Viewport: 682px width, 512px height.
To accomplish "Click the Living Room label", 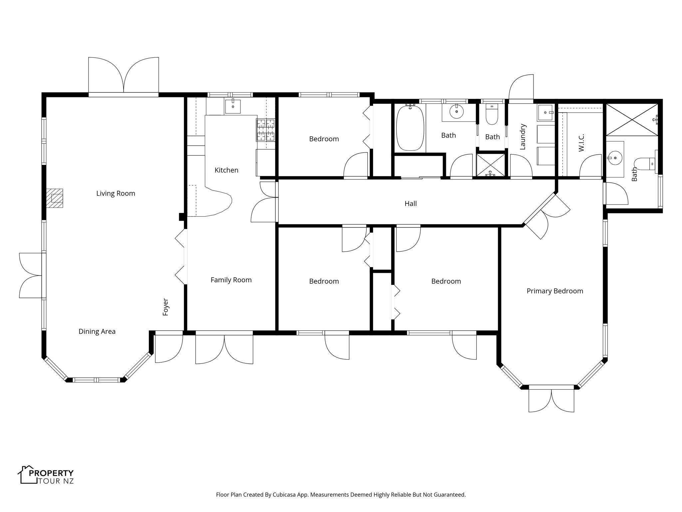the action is coord(116,193).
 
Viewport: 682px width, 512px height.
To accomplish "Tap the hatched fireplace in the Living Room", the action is coord(54,198).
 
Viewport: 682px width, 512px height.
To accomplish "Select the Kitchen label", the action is coord(226,170).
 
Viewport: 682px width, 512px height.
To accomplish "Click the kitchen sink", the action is coord(232,106).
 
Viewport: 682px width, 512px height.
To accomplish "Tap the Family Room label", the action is coord(231,280).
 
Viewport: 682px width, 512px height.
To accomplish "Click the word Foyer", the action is coord(166,307).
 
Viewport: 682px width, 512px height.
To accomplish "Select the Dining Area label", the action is coord(97,331).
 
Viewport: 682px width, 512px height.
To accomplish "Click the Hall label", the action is coord(411,203).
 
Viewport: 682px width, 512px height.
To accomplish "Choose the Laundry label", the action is coord(522,137).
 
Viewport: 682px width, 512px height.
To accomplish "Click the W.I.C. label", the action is coord(581,143).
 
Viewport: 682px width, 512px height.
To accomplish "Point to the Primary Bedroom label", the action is coord(555,291).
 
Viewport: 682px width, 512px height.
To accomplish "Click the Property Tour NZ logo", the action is coord(46,475).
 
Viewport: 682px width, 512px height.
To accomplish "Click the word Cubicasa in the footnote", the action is coord(285,495).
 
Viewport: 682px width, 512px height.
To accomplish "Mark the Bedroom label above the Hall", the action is coord(324,139).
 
